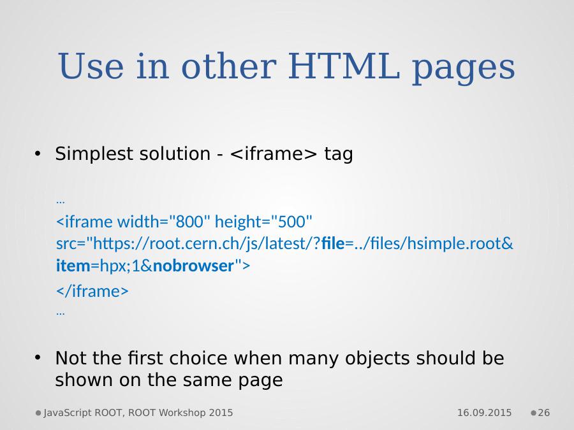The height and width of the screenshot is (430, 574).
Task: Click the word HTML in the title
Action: point(344,66)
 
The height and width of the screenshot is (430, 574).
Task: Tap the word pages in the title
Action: point(464,69)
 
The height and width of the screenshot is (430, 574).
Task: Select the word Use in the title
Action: point(91,66)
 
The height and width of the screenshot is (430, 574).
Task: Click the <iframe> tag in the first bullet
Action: point(274,154)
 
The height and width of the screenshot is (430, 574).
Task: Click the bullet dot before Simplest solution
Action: point(38,154)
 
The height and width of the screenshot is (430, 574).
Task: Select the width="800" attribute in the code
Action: point(164,222)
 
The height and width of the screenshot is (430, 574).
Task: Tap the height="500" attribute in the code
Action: point(263,222)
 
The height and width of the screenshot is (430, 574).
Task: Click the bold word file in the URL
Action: point(333,243)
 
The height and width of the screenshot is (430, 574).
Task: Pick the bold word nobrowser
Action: point(193,266)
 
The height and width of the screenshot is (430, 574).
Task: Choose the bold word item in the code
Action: point(73,266)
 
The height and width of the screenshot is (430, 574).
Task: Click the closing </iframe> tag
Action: point(92,291)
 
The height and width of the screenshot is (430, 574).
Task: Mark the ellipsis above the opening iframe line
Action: point(61,201)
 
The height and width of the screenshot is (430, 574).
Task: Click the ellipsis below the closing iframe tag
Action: point(61,313)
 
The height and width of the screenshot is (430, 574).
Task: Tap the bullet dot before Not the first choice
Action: point(38,357)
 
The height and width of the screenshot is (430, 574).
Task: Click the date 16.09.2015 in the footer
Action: point(484,413)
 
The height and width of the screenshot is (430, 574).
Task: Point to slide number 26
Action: point(543,413)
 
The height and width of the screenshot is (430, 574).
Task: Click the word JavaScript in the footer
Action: point(68,413)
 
